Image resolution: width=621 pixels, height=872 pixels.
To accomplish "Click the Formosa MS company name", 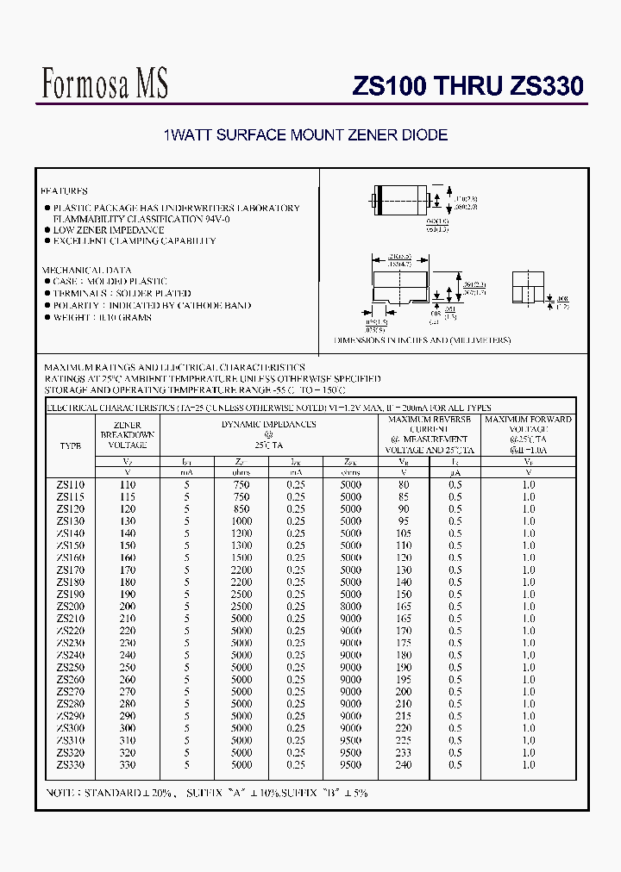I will click(105, 84).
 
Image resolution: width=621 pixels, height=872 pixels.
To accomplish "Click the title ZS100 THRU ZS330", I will click(468, 86).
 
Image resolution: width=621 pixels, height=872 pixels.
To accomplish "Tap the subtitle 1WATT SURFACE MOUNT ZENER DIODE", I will click(305, 135).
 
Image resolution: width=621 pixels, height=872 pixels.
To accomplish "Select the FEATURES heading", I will click(66, 190).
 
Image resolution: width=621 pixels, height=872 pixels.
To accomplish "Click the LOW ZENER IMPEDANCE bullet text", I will click(109, 230).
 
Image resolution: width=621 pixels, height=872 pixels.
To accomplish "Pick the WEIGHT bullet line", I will click(102, 317).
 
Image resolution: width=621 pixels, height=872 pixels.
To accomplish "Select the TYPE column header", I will click(71, 446).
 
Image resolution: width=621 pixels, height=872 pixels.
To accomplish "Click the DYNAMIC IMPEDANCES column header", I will click(268, 424).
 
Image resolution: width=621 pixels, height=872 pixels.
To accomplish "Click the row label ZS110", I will click(71, 485).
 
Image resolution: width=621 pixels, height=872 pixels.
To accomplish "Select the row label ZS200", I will click(71, 607).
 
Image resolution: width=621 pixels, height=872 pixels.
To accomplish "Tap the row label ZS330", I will click(71, 764).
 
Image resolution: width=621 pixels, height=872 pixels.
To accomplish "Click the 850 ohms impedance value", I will click(241, 509).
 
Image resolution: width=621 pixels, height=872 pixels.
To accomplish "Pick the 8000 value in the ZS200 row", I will click(350, 607).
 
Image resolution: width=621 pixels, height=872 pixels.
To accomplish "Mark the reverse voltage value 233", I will click(404, 752).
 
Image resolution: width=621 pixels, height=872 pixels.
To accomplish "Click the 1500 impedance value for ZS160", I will click(241, 557).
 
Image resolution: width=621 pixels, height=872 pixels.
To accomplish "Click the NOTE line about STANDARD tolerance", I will click(207, 793).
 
